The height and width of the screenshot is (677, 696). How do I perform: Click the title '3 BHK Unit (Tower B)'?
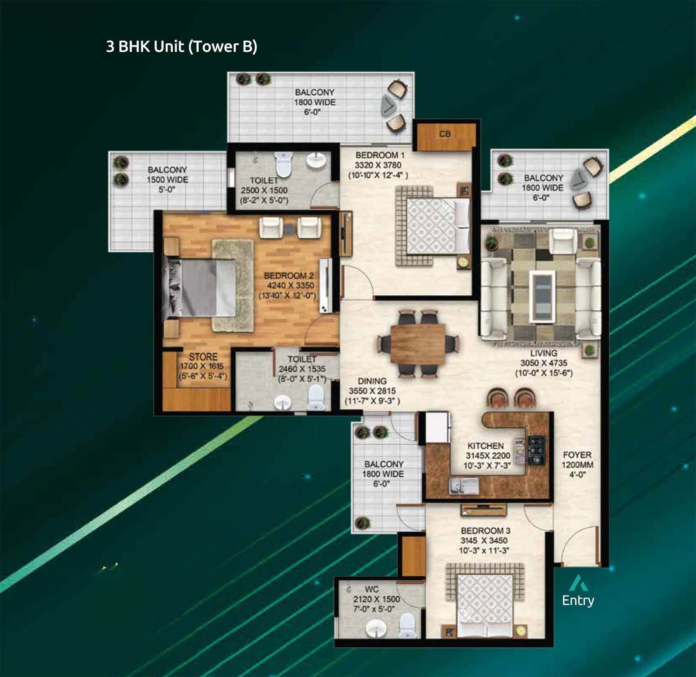pyautogui.click(x=181, y=47)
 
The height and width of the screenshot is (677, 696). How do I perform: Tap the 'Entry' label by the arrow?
pyautogui.click(x=578, y=600)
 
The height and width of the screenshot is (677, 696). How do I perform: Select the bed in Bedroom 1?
pyautogui.click(x=433, y=226)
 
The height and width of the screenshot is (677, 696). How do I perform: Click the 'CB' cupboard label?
pyautogui.click(x=445, y=134)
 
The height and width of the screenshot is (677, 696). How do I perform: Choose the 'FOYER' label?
pyautogui.click(x=577, y=455)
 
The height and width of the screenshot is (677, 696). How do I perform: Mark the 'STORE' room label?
pyautogui.click(x=203, y=357)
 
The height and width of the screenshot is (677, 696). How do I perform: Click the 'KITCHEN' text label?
pyautogui.click(x=485, y=446)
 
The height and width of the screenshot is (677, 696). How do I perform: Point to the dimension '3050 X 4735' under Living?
pyautogui.click(x=544, y=363)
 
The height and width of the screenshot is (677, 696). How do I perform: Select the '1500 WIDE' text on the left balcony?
pyautogui.click(x=167, y=180)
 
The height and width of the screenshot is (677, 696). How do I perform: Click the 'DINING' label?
pyautogui.click(x=372, y=381)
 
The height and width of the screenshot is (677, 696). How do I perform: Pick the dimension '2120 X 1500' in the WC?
pyautogui.click(x=376, y=599)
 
